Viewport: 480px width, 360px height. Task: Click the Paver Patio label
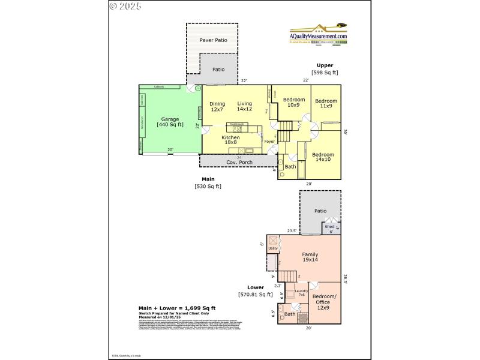point(212,41)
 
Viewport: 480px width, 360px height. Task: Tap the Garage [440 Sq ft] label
point(170,122)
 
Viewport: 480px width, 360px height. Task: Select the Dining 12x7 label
point(217,107)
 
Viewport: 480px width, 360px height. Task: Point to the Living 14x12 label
point(244,106)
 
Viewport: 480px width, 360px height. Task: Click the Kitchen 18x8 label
point(230,140)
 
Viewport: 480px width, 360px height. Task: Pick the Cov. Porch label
point(239,163)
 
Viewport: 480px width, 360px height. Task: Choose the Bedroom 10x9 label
point(294,103)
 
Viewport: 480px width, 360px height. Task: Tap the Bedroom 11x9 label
point(326,103)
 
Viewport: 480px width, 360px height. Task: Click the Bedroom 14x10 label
point(323,156)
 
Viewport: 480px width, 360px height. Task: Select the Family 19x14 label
point(310,258)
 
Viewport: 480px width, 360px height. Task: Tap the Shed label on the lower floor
point(329,227)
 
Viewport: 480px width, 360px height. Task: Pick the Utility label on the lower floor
point(273,248)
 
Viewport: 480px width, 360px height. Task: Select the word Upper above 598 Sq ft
point(325,65)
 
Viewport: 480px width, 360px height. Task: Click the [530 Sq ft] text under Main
point(208,186)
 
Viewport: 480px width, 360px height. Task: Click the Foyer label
point(269,142)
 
